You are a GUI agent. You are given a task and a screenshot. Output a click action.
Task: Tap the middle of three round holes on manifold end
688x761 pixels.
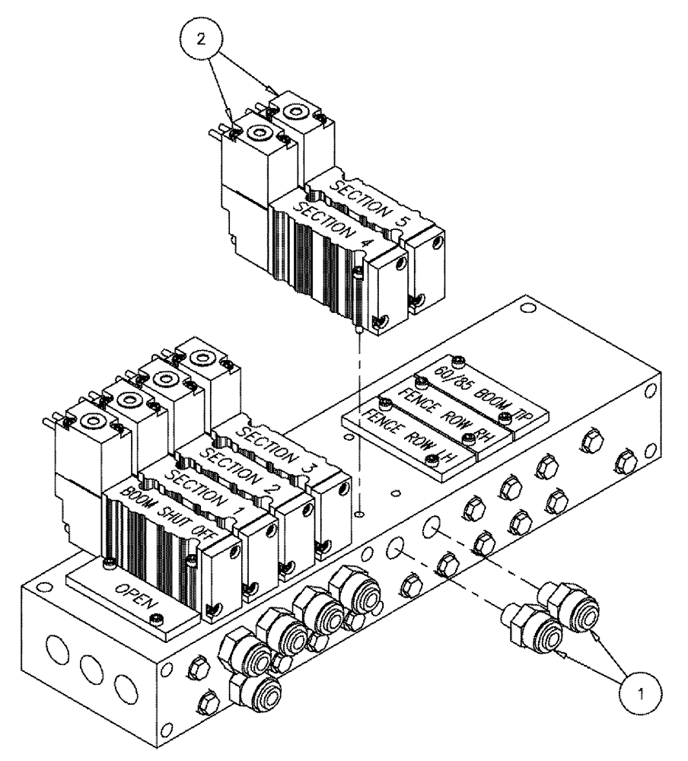91,669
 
